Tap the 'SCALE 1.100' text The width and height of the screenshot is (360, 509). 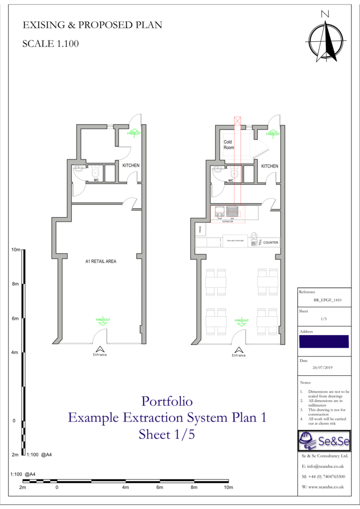tap(50, 44)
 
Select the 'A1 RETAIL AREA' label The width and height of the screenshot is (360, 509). tap(100, 260)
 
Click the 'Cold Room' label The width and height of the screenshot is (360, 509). tap(228, 145)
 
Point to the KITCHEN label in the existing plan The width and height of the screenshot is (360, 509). tap(131, 166)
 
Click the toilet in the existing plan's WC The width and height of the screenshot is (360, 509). tap(95, 172)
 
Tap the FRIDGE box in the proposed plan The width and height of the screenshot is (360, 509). tap(198, 230)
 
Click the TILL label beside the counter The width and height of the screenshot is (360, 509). tap(260, 242)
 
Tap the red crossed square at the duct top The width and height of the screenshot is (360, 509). tap(237, 120)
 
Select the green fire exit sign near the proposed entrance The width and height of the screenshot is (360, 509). tap(242, 321)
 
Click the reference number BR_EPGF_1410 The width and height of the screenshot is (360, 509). tap(324, 301)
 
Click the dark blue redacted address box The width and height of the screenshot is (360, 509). tap(324, 341)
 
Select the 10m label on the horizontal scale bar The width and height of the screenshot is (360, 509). tap(228, 488)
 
